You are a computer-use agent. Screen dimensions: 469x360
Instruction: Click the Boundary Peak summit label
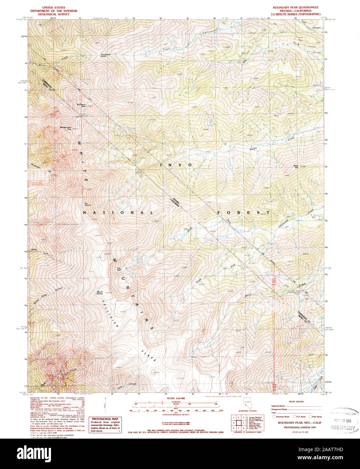(x=81, y=105)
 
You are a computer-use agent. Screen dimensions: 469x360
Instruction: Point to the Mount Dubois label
(x=100, y=293)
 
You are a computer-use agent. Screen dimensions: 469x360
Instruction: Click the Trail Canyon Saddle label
(x=105, y=55)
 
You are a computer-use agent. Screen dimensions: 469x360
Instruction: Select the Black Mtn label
(x=296, y=166)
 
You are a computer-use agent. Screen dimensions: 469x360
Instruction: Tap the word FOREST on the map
(x=243, y=213)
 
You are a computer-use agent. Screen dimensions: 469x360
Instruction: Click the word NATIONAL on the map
(x=118, y=213)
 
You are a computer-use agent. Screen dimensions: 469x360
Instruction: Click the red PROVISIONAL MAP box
(x=105, y=424)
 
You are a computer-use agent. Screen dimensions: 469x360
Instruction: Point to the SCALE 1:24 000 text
(x=176, y=398)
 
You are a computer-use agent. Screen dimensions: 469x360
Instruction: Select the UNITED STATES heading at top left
(x=54, y=7)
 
